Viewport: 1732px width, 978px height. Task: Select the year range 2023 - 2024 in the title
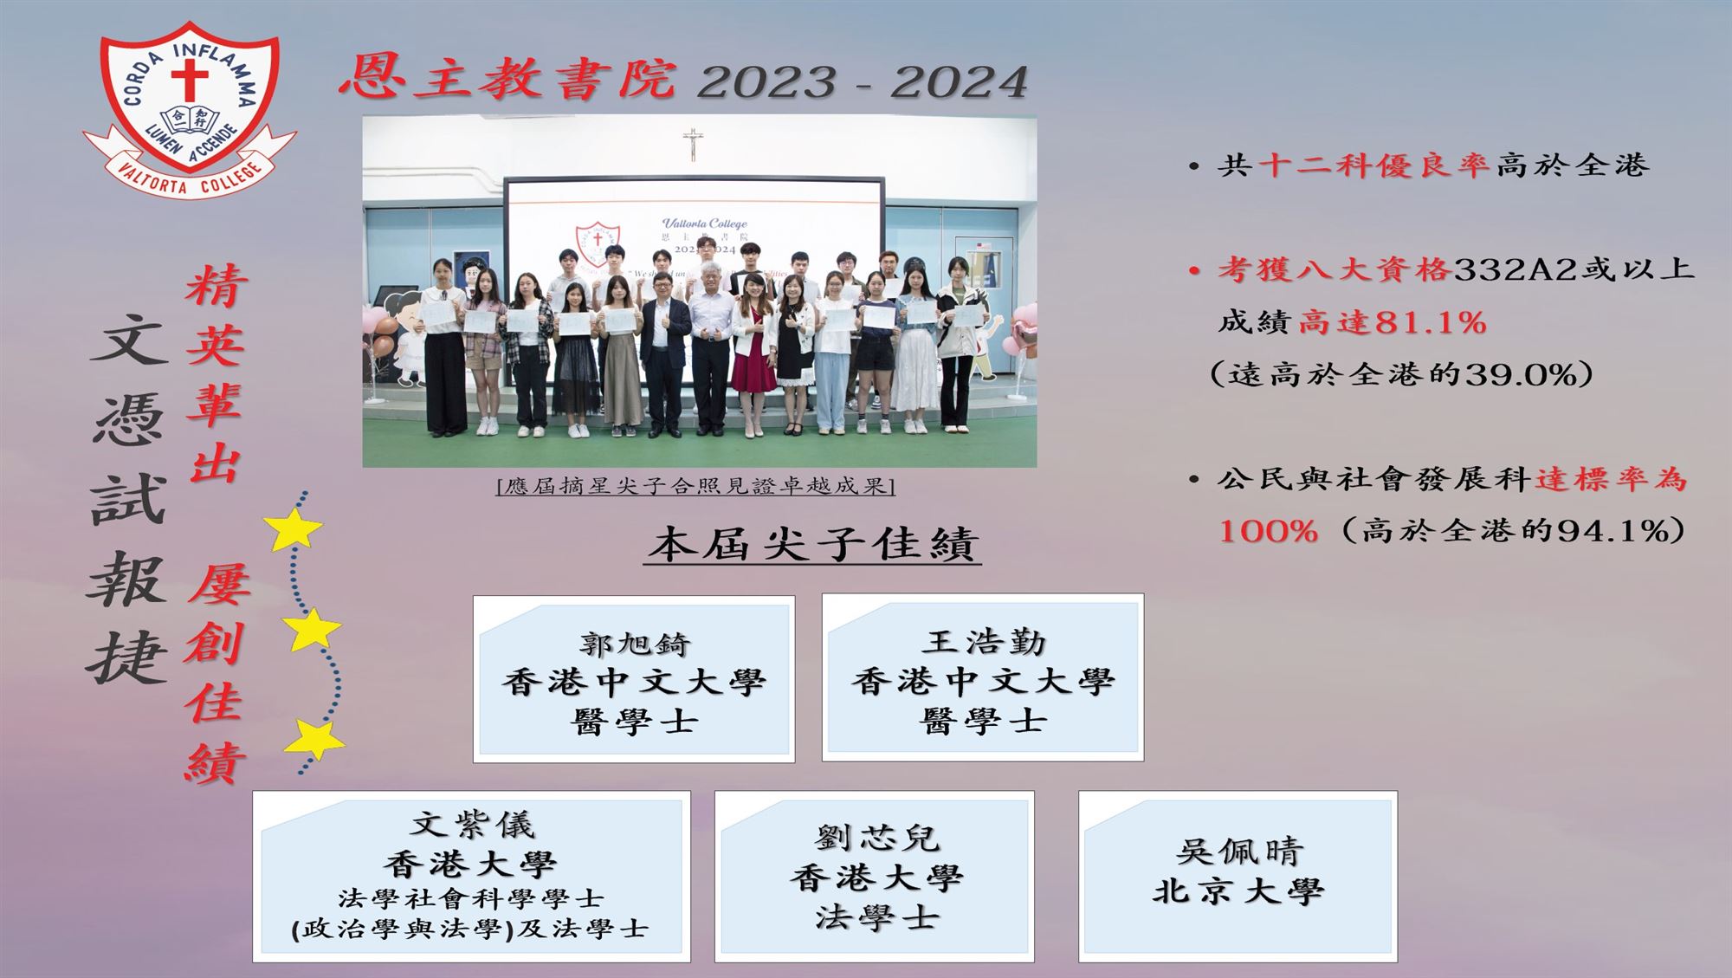coord(863,83)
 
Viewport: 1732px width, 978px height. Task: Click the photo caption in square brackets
coord(695,486)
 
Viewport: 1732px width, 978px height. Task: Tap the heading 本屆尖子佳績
coord(813,544)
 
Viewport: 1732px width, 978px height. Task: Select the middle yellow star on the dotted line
coord(311,630)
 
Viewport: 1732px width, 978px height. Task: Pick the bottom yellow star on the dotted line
coord(315,740)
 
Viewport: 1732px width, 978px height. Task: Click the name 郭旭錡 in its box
coord(635,644)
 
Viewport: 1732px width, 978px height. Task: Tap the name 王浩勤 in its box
coord(984,642)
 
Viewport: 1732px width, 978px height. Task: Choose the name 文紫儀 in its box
coord(472,824)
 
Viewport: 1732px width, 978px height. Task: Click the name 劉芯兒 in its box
coord(876,838)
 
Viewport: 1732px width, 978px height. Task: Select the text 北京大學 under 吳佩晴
coord(1238,891)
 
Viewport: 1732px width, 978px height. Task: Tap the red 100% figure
coord(1268,530)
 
